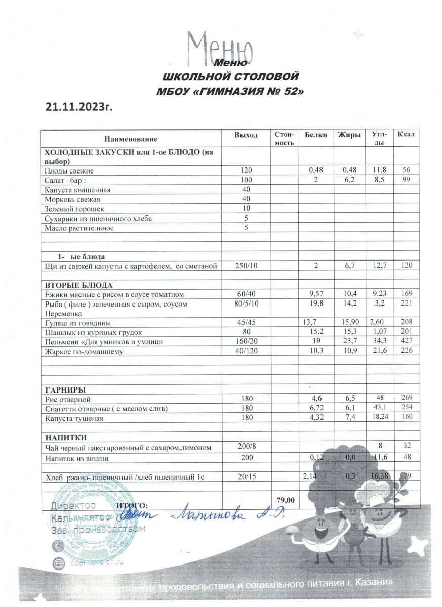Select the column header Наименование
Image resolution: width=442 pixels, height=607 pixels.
point(131,138)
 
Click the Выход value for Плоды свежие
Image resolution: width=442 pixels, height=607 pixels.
point(246,171)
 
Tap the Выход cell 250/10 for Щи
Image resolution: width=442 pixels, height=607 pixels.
point(246,266)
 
